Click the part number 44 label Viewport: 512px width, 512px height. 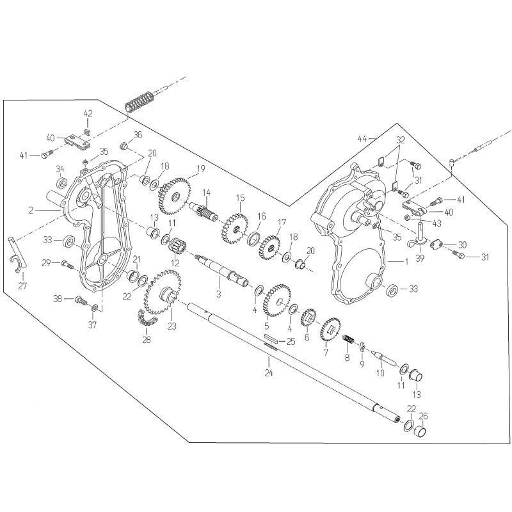(362, 138)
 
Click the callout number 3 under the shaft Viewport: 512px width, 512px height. (218, 294)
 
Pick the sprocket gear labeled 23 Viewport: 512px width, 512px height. (165, 296)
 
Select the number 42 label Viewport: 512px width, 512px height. (88, 114)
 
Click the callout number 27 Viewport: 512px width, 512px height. (23, 285)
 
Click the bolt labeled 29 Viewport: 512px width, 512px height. (66, 263)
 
